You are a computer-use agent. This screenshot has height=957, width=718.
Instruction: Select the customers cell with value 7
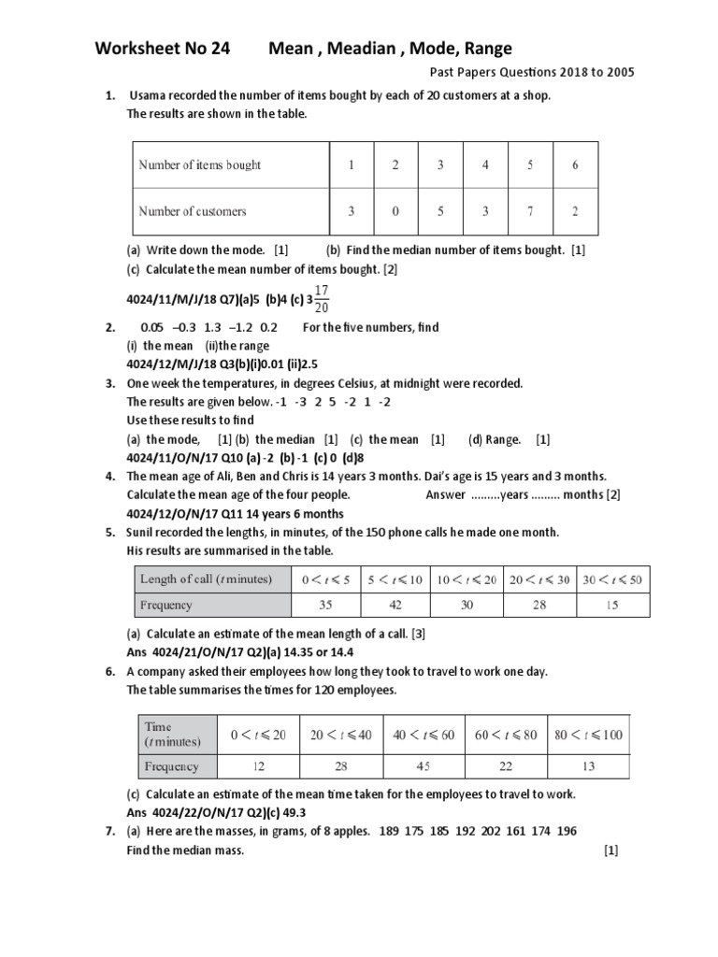[x=530, y=211]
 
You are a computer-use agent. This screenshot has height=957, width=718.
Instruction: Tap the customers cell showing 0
[x=395, y=211]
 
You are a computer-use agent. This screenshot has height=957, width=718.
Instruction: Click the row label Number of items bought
[x=200, y=165]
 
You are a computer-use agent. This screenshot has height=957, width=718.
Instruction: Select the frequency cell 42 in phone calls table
[x=395, y=605]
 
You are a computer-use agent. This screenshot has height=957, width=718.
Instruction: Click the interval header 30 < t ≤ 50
[x=612, y=579]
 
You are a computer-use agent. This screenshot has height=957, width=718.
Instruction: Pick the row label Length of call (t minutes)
[x=206, y=579]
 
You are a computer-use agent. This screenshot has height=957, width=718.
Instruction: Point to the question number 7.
[x=109, y=831]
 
